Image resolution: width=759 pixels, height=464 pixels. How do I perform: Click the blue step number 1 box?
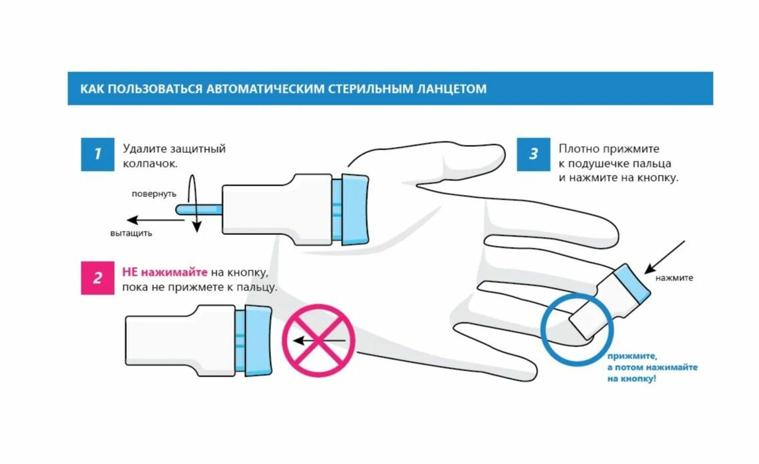point(97,154)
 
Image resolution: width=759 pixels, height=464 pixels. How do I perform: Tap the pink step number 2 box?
point(97,278)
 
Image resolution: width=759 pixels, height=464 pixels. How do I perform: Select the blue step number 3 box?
point(533,154)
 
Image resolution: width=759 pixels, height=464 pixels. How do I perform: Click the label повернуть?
point(154,194)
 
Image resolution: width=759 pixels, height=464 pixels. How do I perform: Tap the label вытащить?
point(131,233)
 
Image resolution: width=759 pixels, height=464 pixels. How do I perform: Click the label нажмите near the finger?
point(674,278)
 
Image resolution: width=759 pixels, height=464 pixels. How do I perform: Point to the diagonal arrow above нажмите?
point(664,257)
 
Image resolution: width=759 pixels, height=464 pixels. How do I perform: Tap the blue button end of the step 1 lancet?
point(354,208)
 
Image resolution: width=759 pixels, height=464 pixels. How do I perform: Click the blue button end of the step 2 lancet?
point(256,340)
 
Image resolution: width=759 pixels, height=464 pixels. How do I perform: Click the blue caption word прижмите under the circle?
point(627,357)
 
